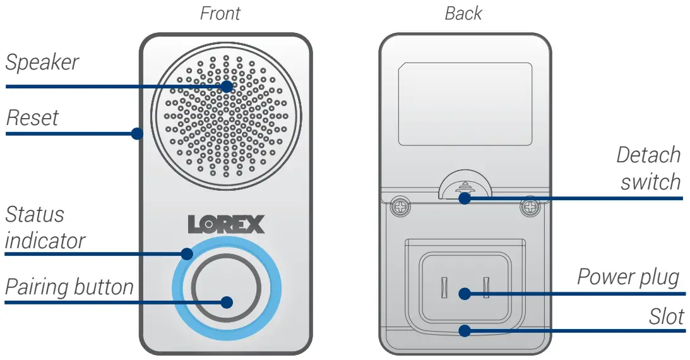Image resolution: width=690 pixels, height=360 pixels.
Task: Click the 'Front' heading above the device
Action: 220,13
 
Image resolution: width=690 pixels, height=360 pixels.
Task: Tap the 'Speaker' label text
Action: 42,63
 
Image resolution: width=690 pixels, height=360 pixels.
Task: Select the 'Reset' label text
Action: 32,117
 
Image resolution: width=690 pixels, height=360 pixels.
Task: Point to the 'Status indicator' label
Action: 44,227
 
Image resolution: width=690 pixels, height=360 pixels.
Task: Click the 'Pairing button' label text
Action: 69,287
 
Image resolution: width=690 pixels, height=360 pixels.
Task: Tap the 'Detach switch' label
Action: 649,169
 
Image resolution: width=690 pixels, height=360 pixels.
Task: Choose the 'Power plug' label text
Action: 628,277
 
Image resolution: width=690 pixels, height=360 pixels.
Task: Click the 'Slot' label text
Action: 667,316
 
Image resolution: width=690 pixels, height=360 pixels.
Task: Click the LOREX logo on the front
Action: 226,224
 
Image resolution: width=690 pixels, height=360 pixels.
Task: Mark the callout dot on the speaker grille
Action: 227,86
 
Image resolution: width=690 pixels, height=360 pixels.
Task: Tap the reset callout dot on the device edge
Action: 136,134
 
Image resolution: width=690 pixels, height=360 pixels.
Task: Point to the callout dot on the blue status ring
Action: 186,254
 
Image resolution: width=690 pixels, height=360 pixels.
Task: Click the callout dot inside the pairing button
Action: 227,302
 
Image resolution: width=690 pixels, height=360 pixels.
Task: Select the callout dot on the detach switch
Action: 465,198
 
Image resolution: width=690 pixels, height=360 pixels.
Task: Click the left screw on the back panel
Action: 399,206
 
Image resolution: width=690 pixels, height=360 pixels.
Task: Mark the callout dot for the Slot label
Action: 465,330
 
